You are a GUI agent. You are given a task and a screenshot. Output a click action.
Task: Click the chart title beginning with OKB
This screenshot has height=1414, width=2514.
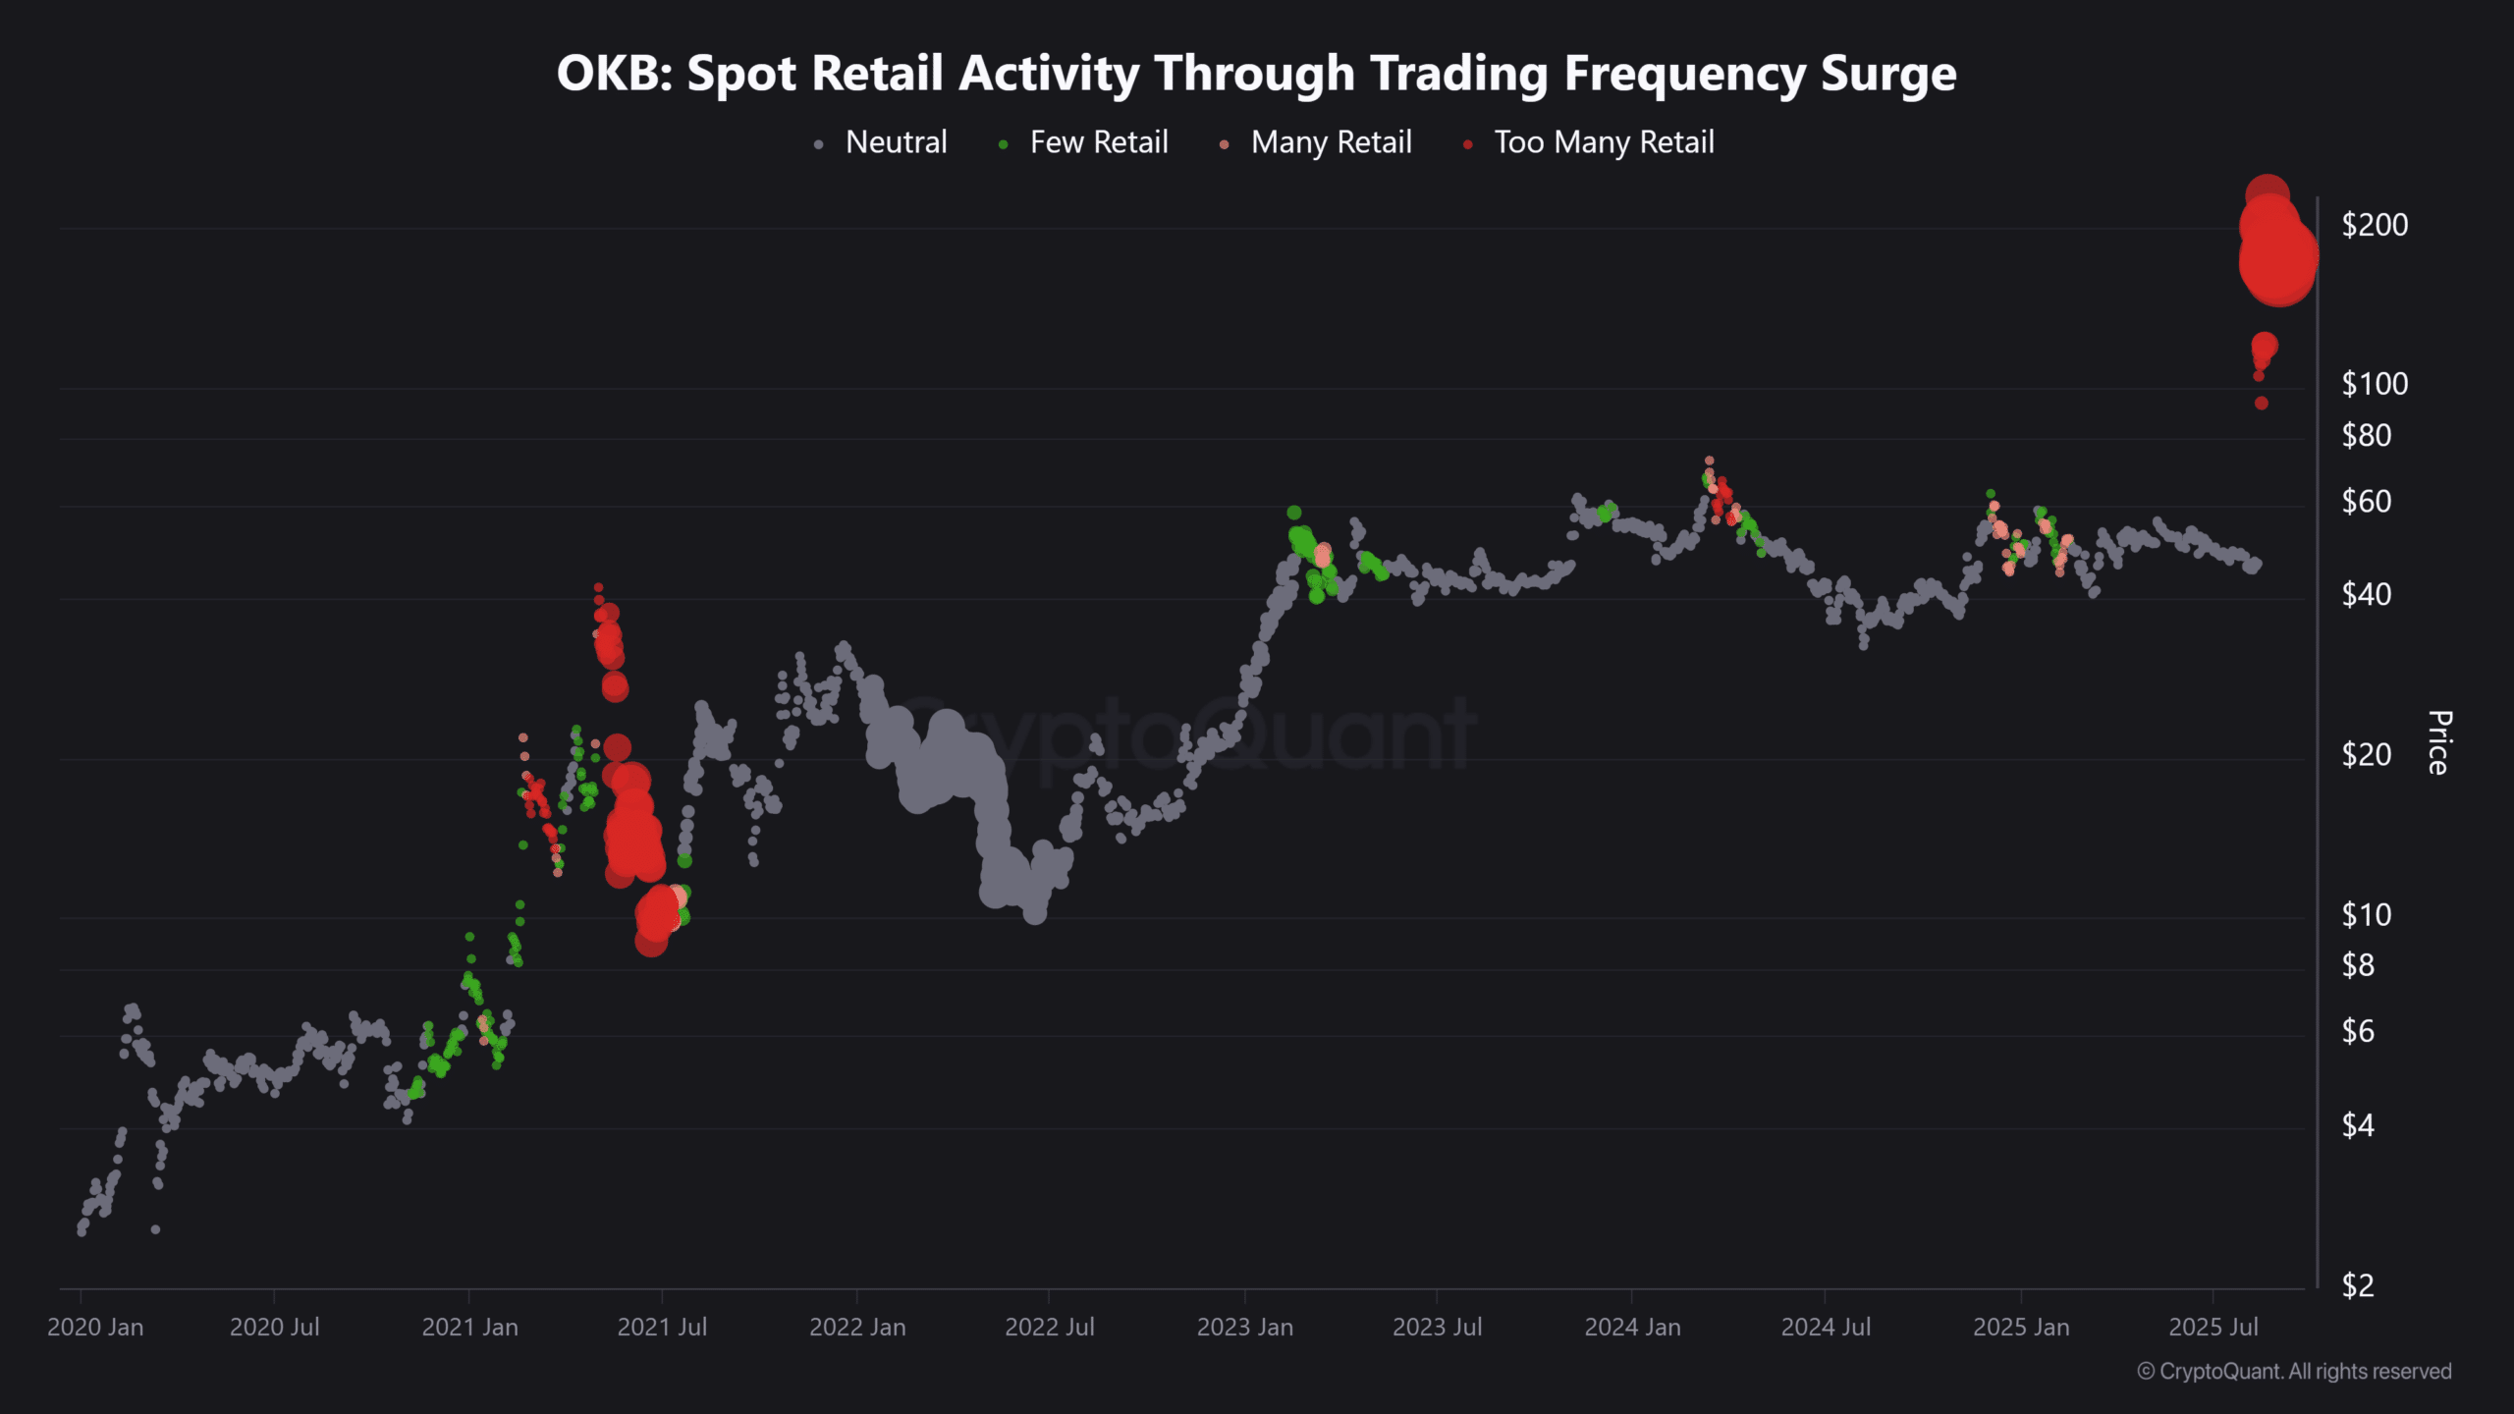pyautogui.click(x=1256, y=74)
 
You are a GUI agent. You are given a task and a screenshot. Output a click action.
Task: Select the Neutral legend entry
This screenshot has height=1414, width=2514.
pyautogui.click(x=895, y=142)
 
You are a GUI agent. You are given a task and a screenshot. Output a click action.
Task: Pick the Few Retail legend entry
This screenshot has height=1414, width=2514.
pyautogui.click(x=1098, y=142)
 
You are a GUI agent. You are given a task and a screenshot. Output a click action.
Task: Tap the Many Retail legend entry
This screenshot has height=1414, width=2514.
pyautogui.click(x=1331, y=142)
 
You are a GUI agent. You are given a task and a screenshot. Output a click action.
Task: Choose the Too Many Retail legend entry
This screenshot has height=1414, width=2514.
pyautogui.click(x=1604, y=142)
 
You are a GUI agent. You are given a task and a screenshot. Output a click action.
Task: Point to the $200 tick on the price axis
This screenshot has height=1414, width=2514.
pyautogui.click(x=2375, y=225)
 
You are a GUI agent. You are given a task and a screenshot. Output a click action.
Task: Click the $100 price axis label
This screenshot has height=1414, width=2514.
pyautogui.click(x=2375, y=384)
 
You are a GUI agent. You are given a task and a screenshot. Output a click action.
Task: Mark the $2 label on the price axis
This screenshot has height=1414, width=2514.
pyautogui.click(x=2358, y=1284)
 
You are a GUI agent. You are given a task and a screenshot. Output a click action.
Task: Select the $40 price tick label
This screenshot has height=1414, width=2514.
pyautogui.click(x=2366, y=594)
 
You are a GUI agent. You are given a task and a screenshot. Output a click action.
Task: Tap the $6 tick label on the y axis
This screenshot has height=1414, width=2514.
pyautogui.click(x=2358, y=1031)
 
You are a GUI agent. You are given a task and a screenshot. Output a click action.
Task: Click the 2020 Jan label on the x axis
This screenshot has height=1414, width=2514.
pyautogui.click(x=95, y=1328)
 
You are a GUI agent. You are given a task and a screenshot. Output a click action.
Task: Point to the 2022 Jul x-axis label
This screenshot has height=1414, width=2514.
pyautogui.click(x=1049, y=1328)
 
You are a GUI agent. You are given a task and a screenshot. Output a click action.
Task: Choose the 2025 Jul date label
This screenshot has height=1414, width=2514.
pyautogui.click(x=2213, y=1328)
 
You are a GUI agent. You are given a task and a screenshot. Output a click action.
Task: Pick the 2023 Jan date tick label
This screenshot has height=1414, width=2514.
pyautogui.click(x=1244, y=1328)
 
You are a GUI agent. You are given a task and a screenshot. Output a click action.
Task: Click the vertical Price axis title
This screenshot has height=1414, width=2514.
pyautogui.click(x=2438, y=742)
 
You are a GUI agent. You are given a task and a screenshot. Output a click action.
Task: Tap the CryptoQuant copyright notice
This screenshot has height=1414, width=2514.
pyautogui.click(x=2294, y=1372)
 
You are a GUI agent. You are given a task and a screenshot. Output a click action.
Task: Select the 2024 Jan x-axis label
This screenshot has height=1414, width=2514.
pyautogui.click(x=1632, y=1328)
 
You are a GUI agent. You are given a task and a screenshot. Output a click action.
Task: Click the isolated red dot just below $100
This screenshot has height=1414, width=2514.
pyautogui.click(x=2262, y=403)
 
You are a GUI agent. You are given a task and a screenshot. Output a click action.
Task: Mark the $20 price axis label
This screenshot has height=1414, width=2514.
pyautogui.click(x=2366, y=755)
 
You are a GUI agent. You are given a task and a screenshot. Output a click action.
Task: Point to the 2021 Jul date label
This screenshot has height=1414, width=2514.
pyautogui.click(x=662, y=1328)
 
